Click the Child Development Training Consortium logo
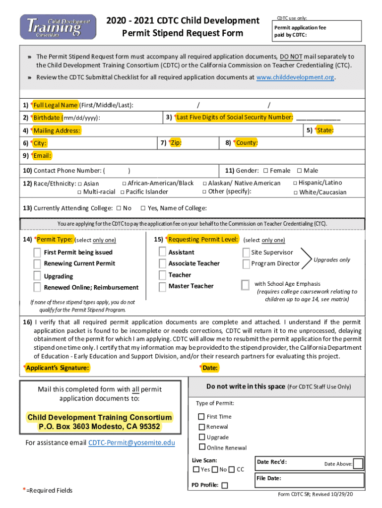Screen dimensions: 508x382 point(58,27)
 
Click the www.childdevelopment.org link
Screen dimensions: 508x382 point(295,78)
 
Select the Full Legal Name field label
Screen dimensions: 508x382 point(55,105)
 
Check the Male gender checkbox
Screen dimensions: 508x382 point(299,171)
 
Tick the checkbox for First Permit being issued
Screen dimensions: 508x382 point(37,252)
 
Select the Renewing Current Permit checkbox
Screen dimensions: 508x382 point(37,263)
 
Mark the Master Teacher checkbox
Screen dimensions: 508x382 point(162,286)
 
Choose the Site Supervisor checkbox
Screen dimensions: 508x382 point(246,253)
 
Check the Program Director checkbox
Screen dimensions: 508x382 point(246,264)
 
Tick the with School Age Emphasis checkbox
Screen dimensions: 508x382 point(245,285)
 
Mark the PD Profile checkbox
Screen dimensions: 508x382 point(225,485)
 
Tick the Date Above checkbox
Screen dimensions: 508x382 point(358,464)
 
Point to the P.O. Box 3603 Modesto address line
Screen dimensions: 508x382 point(100,427)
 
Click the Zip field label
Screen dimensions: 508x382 point(175,143)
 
